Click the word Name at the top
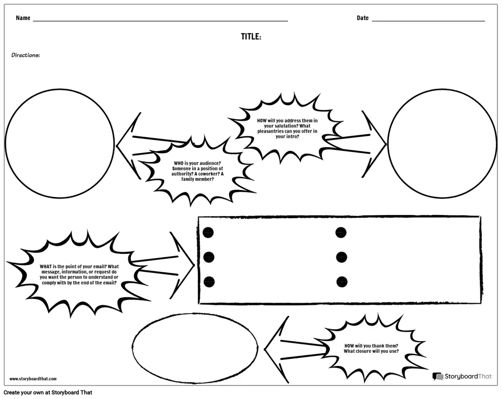[x=23, y=18]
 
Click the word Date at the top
[x=363, y=18]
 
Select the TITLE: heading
[x=251, y=37]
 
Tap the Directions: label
[x=26, y=55]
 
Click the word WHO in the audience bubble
[x=179, y=163]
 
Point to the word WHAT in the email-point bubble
[x=46, y=266]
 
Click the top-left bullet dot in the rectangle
[x=208, y=232]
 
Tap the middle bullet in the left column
[x=208, y=257]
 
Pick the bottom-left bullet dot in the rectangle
[x=209, y=282]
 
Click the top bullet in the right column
[x=341, y=232]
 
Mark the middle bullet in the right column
[x=341, y=257]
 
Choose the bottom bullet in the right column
[x=342, y=282]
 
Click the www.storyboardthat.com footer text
[x=33, y=379]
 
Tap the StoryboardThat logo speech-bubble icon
[x=438, y=376]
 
